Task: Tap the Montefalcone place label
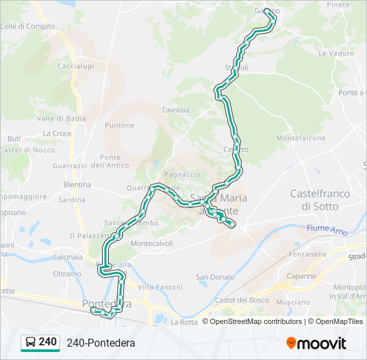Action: [x=300, y=138]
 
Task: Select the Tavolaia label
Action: [x=175, y=110]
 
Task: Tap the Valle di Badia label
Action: [x=61, y=119]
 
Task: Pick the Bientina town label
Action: [x=77, y=184]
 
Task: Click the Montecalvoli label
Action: [x=151, y=243]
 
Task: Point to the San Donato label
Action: [x=215, y=277]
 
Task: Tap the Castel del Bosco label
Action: [x=242, y=301]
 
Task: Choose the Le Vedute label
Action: [x=336, y=53]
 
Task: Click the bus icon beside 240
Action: [x=31, y=343]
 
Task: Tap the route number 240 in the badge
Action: [x=47, y=342]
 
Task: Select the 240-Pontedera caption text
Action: [x=101, y=343]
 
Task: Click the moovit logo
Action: [x=316, y=343]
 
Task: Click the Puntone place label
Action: [x=120, y=125]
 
